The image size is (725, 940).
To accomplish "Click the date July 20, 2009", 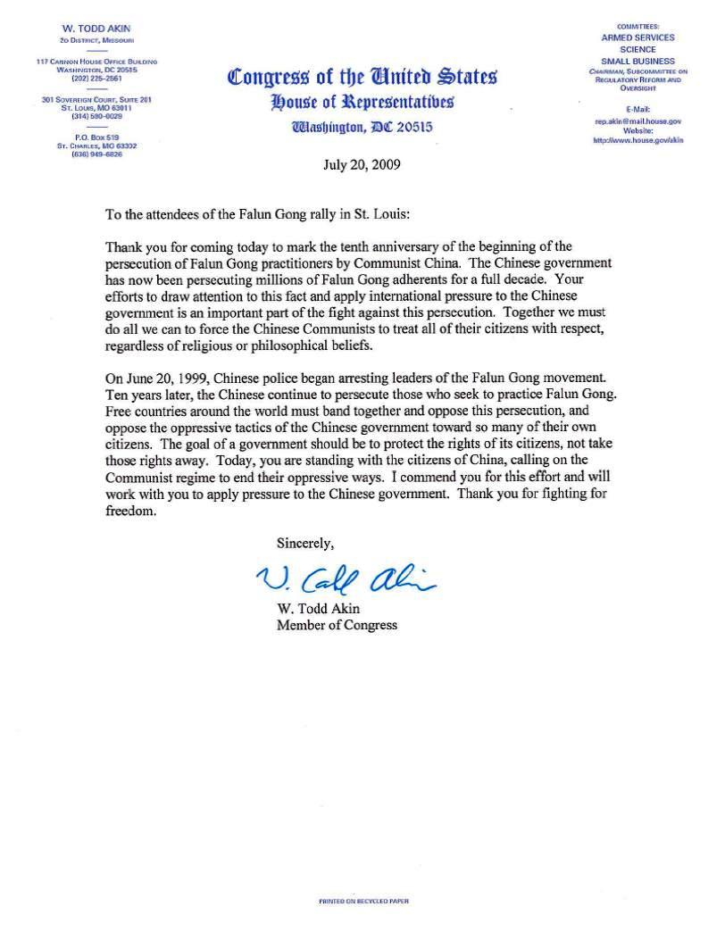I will [x=362, y=164].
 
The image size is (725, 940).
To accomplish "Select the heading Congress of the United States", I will [x=362, y=77].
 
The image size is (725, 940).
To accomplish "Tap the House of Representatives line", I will [x=362, y=101].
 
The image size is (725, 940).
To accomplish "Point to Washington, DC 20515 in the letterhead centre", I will [x=362, y=127].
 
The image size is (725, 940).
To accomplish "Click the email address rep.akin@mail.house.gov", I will [x=637, y=121].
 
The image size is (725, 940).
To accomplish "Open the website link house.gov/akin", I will [x=637, y=141].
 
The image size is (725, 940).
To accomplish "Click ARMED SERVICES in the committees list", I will [x=637, y=37].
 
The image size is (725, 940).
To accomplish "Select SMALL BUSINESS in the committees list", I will [x=637, y=59].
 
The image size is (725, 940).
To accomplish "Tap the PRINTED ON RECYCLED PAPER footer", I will [x=363, y=902].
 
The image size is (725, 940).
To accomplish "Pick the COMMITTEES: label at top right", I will [x=637, y=27].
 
